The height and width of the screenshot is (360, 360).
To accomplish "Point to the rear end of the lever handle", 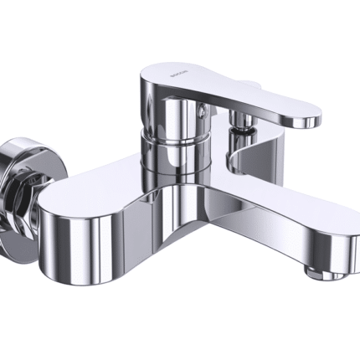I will click(151, 84).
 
